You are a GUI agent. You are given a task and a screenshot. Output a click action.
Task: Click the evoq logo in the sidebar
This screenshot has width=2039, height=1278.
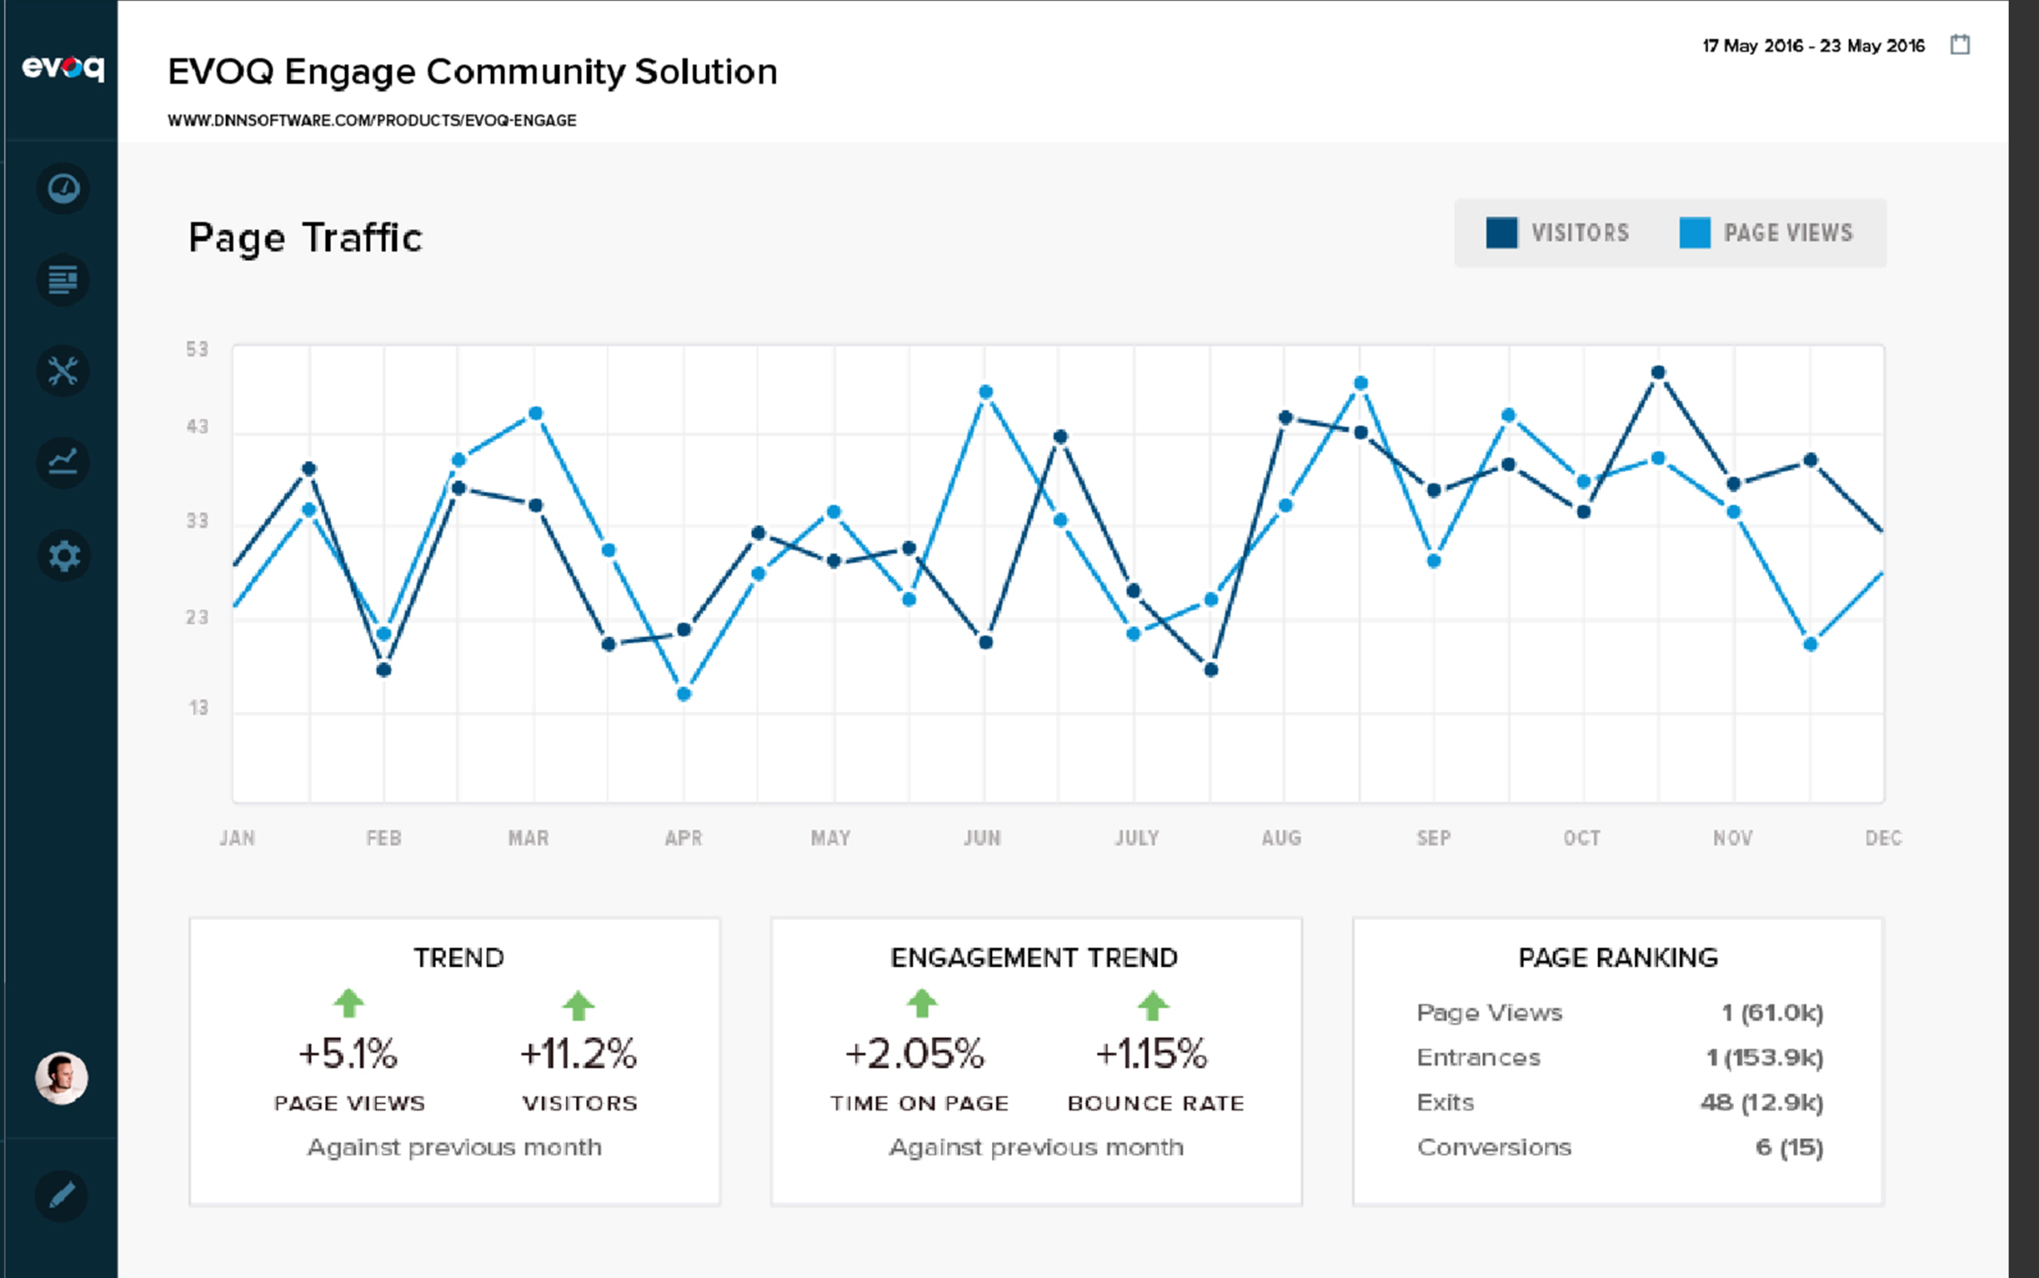click(x=62, y=68)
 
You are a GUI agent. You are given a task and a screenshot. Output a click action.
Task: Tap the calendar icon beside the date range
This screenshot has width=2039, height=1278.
click(x=1960, y=45)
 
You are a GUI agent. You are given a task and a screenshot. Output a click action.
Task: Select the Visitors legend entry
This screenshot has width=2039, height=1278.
click(x=1557, y=233)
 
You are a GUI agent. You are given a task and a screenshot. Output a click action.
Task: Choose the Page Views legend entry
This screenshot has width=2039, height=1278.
click(x=1765, y=233)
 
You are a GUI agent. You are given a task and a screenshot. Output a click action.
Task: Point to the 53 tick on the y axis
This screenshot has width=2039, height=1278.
click(x=197, y=349)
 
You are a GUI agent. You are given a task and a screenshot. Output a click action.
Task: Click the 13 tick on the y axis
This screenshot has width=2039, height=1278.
click(x=198, y=708)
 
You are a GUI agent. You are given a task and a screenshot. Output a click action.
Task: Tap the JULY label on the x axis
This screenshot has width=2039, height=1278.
click(x=1136, y=838)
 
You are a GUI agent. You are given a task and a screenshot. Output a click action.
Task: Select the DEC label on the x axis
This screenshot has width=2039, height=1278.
click(x=1882, y=838)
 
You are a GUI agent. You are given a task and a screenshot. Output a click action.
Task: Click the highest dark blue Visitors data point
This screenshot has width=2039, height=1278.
click(x=1658, y=373)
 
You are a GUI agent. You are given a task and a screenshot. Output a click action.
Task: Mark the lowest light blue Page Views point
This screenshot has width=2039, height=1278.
click(x=684, y=694)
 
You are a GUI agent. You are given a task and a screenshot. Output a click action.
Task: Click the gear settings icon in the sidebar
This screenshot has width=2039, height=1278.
click(x=63, y=556)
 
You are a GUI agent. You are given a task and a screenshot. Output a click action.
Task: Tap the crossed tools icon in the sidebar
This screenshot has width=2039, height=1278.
click(x=63, y=371)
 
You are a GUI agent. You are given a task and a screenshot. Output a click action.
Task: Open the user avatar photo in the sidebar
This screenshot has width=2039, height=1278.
click(x=61, y=1078)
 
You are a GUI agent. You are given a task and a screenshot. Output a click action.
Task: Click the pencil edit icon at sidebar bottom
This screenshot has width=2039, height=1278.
click(x=61, y=1195)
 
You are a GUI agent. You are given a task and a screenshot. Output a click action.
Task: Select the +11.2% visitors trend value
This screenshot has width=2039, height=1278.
click(x=578, y=1054)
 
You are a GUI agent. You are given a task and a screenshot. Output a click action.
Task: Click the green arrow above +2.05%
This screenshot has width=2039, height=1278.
click(x=921, y=1004)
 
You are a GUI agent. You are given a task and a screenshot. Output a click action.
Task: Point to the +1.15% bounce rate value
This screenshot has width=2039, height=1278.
click(x=1151, y=1054)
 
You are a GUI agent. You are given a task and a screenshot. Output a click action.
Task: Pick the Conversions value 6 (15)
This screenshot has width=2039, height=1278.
click(x=1789, y=1147)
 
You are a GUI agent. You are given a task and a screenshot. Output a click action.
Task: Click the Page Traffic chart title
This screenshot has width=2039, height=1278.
click(x=305, y=237)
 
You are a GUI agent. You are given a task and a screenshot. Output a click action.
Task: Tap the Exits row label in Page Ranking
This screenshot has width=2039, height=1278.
click(x=1445, y=1102)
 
